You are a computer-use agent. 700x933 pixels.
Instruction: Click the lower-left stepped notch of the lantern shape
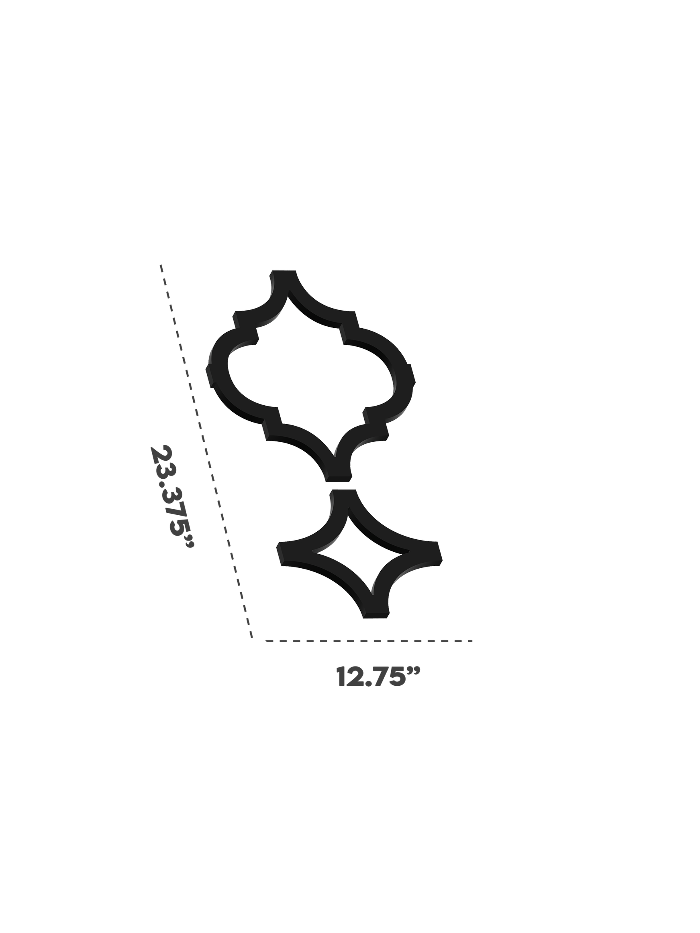point(272,422)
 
